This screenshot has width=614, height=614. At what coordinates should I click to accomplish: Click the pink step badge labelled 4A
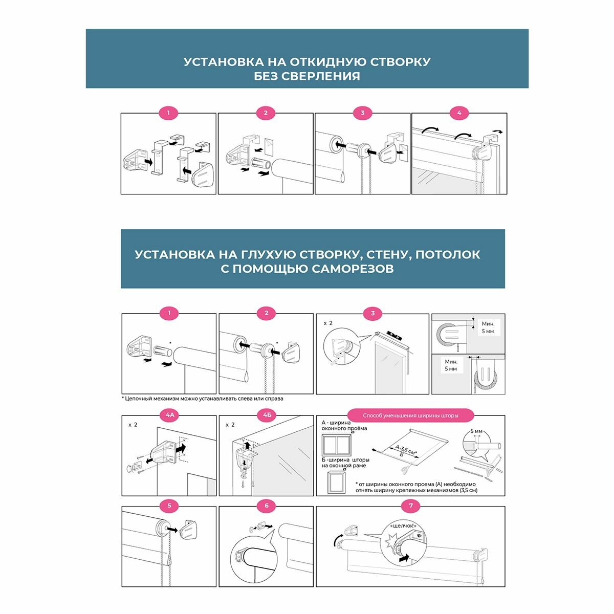(x=169, y=415)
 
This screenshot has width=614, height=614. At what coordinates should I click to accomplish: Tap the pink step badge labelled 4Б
(x=267, y=415)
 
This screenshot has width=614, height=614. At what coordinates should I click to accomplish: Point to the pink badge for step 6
(x=267, y=507)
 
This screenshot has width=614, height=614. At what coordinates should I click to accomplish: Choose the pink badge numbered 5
(x=169, y=507)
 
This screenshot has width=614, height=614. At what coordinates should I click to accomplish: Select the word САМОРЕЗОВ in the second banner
(x=352, y=269)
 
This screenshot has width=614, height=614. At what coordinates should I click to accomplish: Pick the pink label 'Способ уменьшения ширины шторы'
(x=410, y=415)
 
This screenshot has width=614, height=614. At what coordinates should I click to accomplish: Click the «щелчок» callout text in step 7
(x=403, y=525)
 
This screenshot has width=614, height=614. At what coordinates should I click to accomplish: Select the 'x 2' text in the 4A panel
(x=133, y=425)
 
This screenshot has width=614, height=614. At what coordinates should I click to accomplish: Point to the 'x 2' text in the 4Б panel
(x=230, y=425)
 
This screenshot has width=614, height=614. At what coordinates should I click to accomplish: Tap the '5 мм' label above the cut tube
(x=476, y=431)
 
